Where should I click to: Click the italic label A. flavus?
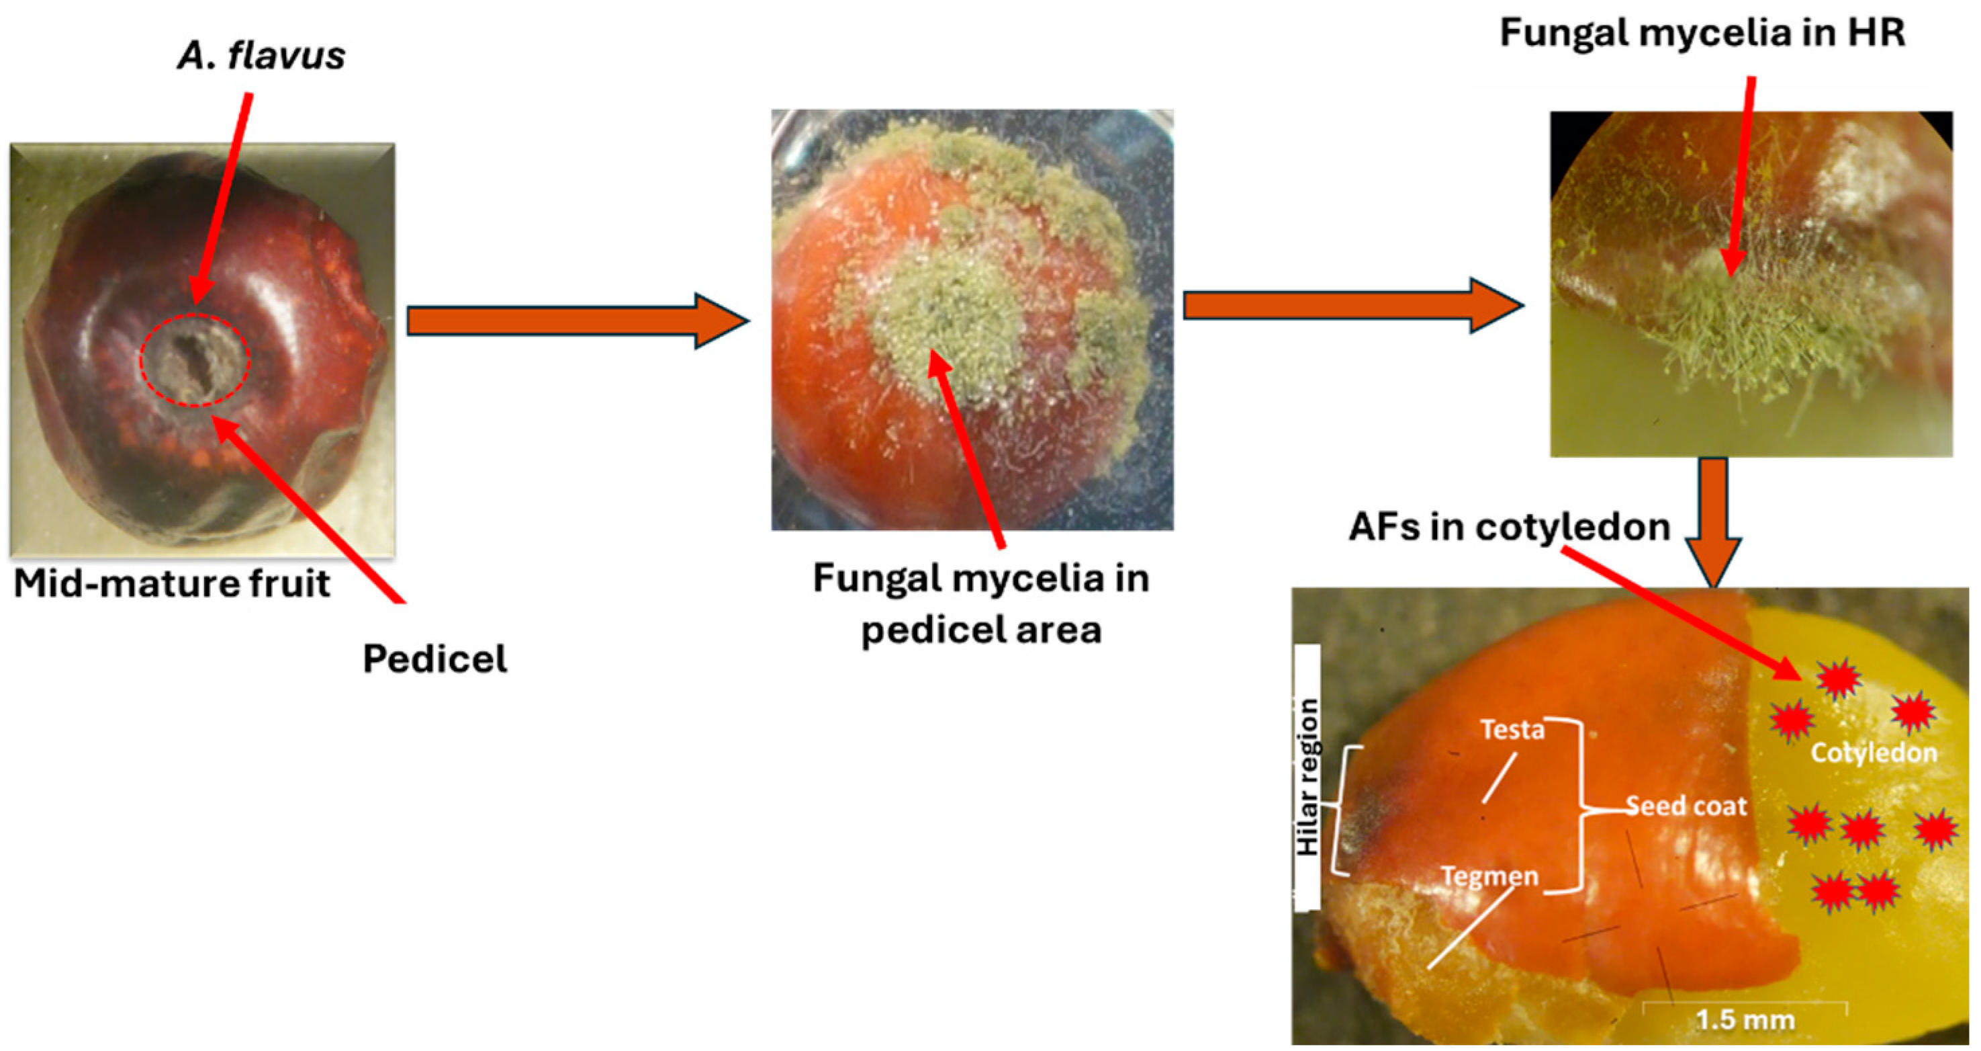[261, 55]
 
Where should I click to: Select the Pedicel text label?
[434, 659]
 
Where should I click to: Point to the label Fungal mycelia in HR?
[1702, 34]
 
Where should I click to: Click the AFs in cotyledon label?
[1509, 528]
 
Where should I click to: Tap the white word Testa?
[1512, 728]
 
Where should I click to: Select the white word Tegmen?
[1489, 876]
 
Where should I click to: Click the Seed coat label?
[1686, 806]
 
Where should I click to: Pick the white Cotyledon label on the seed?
[1874, 752]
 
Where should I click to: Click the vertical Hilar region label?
[1308, 777]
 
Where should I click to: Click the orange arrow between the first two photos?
[577, 320]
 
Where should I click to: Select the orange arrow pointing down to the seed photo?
[1713, 523]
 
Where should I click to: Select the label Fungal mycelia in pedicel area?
[980, 603]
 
